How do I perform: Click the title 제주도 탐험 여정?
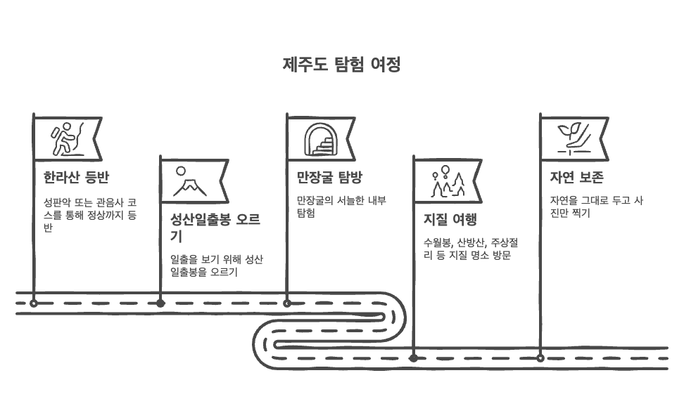coord(342,65)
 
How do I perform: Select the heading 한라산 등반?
coord(76,177)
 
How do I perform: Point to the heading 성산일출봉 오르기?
coord(215,227)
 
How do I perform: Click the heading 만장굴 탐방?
coord(329,177)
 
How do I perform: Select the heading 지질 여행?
coord(450,219)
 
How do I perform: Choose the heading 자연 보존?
coord(576,177)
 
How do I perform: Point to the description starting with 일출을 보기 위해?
coord(217,265)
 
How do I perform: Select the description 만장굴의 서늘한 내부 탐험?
coord(341,206)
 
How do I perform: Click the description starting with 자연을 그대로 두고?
coord(597,206)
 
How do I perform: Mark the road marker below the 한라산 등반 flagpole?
coord(34,303)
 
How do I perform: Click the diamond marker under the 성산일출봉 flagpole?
coord(160,303)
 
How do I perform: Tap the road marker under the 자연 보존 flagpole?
coord(540,358)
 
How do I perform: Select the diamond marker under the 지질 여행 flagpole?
coord(414,358)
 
